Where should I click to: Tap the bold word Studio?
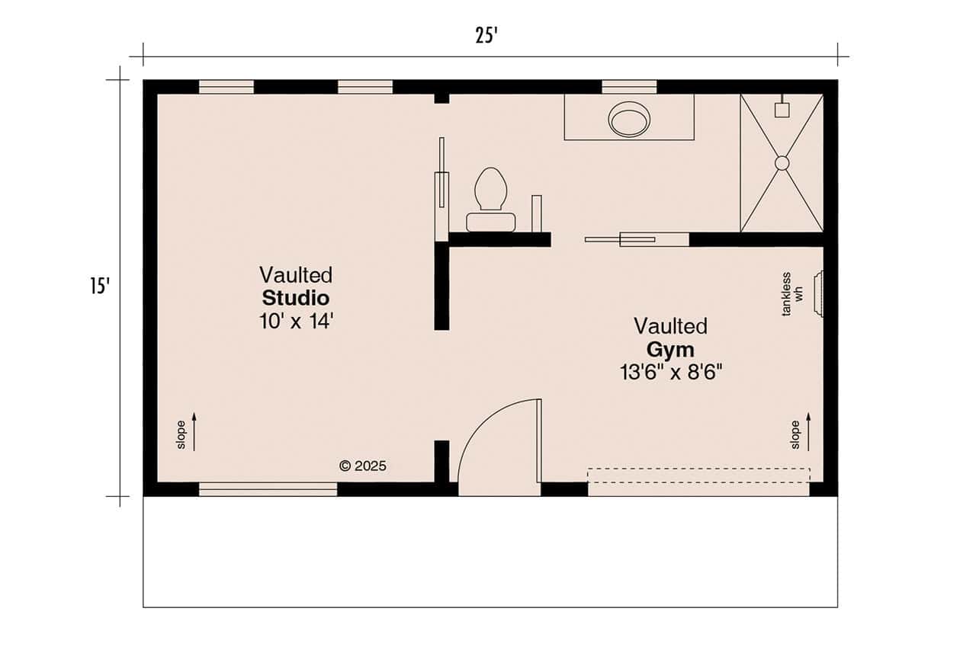click(x=296, y=297)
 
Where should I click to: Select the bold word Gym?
click(x=670, y=350)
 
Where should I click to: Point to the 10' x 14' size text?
click(x=297, y=321)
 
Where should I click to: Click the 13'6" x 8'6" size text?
click(x=671, y=372)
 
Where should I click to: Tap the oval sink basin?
click(x=629, y=120)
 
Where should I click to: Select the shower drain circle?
click(x=782, y=163)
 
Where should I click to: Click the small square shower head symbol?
click(x=782, y=110)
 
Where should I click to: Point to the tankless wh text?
click(x=793, y=294)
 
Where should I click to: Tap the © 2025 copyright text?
click(x=363, y=466)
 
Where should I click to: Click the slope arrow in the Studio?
click(x=194, y=431)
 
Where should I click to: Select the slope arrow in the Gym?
click(x=808, y=431)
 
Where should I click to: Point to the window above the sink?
click(x=629, y=87)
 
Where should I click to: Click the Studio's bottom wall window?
click(x=268, y=488)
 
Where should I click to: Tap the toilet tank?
click(x=491, y=222)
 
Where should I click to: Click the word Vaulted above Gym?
click(x=670, y=326)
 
